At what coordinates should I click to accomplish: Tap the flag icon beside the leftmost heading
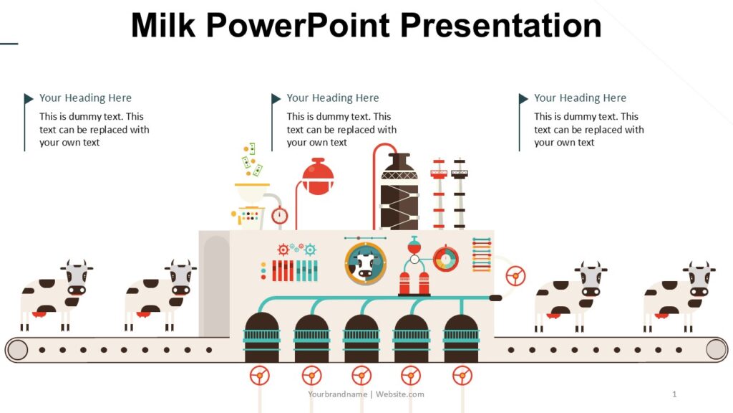(x=29, y=98)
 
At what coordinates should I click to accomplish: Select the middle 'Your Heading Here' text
(x=333, y=98)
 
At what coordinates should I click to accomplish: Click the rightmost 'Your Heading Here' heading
(x=580, y=98)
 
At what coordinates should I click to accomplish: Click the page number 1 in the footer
(x=674, y=394)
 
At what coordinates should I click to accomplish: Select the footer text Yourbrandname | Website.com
(x=366, y=394)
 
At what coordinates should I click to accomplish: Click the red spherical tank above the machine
(x=318, y=176)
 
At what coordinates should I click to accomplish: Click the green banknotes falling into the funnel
(x=251, y=159)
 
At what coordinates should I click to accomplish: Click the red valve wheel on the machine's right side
(x=515, y=275)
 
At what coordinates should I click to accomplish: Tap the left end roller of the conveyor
(x=18, y=350)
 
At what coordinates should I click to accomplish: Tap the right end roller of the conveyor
(x=716, y=349)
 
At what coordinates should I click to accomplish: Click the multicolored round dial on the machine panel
(x=446, y=259)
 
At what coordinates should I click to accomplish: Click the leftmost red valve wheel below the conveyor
(x=260, y=375)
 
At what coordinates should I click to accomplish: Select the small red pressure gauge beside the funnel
(x=279, y=215)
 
